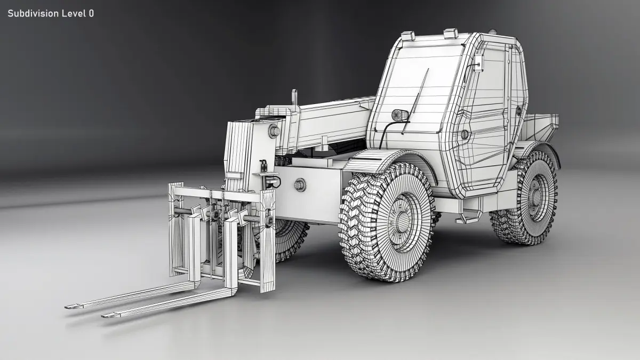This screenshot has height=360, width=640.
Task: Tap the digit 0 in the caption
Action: (91, 13)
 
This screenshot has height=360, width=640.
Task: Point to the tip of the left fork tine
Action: (66, 307)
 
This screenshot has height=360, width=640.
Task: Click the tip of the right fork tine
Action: (103, 316)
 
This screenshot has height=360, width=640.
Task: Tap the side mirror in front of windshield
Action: (400, 115)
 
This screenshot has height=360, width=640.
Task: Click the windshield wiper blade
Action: (415, 101)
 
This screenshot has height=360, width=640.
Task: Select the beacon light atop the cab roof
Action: (492, 31)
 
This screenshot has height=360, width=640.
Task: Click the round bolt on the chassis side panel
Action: (300, 185)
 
